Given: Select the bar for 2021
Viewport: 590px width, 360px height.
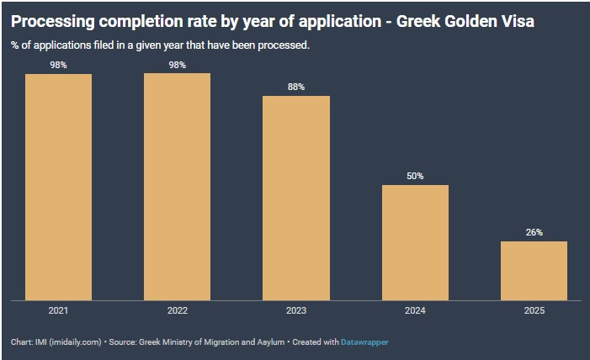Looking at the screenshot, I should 58,186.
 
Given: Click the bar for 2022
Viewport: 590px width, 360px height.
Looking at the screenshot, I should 177,186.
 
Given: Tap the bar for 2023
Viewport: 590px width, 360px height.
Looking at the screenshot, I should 296,197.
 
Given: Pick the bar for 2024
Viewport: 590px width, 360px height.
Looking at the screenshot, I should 415,241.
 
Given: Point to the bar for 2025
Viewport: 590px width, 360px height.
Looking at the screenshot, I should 534,270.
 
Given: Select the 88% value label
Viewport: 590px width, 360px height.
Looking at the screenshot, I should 296,87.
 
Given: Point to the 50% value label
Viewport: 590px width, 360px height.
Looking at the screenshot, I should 415,176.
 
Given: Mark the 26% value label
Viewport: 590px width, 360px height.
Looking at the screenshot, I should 534,232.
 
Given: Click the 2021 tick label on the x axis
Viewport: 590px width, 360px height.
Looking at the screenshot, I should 58,310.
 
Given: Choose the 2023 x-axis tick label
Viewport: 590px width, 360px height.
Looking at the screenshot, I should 296,310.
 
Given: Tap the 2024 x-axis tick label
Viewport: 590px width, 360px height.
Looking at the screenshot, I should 415,310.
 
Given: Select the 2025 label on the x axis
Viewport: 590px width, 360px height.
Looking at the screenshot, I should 534,310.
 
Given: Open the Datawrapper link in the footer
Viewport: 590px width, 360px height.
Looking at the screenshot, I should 364,342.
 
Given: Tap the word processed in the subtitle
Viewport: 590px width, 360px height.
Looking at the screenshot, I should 284,45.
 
